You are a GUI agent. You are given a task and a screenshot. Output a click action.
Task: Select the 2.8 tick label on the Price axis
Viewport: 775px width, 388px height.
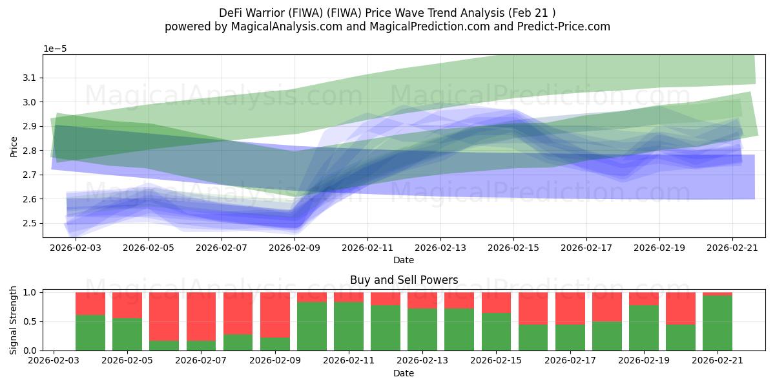tap(29, 150)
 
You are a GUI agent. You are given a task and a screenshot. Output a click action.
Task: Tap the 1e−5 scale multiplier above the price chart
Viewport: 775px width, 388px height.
tap(55, 49)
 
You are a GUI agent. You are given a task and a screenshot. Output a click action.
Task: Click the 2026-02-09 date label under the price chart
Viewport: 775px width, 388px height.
tap(294, 248)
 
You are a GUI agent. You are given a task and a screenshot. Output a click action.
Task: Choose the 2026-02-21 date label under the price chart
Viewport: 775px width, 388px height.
tap(732, 248)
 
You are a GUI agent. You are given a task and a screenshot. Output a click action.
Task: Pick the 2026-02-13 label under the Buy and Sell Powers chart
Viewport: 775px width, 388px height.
tap(422, 361)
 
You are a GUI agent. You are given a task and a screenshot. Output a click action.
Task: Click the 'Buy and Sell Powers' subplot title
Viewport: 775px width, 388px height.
tap(404, 280)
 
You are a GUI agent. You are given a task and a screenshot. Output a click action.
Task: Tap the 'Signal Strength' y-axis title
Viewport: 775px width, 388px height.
tap(13, 321)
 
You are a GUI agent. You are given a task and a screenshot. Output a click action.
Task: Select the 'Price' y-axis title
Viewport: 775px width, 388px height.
tap(14, 147)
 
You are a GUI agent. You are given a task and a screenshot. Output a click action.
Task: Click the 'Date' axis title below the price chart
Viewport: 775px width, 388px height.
tap(404, 260)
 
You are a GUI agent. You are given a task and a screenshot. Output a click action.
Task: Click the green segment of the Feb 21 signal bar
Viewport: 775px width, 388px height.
tap(718, 323)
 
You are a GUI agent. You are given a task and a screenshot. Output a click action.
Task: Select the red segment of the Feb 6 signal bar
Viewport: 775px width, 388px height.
tap(164, 317)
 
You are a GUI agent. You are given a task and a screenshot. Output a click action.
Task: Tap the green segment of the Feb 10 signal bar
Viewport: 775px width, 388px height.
tap(312, 327)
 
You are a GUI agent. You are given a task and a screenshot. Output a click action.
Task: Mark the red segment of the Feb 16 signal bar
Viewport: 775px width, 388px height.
tap(533, 308)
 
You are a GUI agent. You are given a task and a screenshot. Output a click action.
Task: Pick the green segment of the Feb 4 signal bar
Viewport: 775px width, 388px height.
tap(90, 332)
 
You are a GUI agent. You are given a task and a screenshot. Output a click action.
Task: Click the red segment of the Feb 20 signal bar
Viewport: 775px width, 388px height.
tap(681, 308)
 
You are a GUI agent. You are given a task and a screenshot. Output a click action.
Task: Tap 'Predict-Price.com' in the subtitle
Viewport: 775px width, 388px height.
tap(564, 27)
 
